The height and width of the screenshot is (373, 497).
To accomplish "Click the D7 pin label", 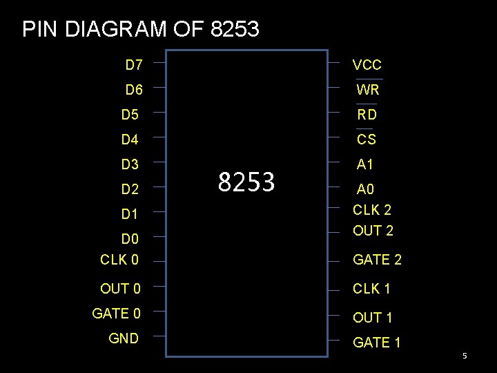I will coord(134,66).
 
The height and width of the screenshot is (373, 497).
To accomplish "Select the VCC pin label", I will coord(367,66).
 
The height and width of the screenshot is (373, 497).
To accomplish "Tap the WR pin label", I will coord(368,90).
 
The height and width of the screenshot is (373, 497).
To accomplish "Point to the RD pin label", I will coord(367,115).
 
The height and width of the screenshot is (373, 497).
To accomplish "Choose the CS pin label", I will coord(367,140).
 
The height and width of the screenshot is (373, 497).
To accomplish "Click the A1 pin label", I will coord(365,164).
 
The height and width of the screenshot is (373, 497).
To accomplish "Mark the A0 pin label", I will coord(365,189).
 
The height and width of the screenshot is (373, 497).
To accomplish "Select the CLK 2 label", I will coord(372,210).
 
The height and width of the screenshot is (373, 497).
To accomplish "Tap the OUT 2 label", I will coord(373,231).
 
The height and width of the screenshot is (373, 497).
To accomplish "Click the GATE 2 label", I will coord(377,260).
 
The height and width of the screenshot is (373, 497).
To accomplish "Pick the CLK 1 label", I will coord(372,289).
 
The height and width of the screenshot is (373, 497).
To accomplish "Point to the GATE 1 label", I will coord(377,343).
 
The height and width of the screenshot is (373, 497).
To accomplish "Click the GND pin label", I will coord(124,338).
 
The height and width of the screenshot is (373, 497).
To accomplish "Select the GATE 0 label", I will coord(116,314).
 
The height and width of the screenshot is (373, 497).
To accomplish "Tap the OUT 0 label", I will coord(120,289).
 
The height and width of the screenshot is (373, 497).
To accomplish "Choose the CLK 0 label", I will coord(119,260).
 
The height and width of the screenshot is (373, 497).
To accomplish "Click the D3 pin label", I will coord(130,164).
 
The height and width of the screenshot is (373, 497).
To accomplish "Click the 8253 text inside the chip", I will coord(246,182).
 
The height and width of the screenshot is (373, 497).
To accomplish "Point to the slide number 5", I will coord(465,356).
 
